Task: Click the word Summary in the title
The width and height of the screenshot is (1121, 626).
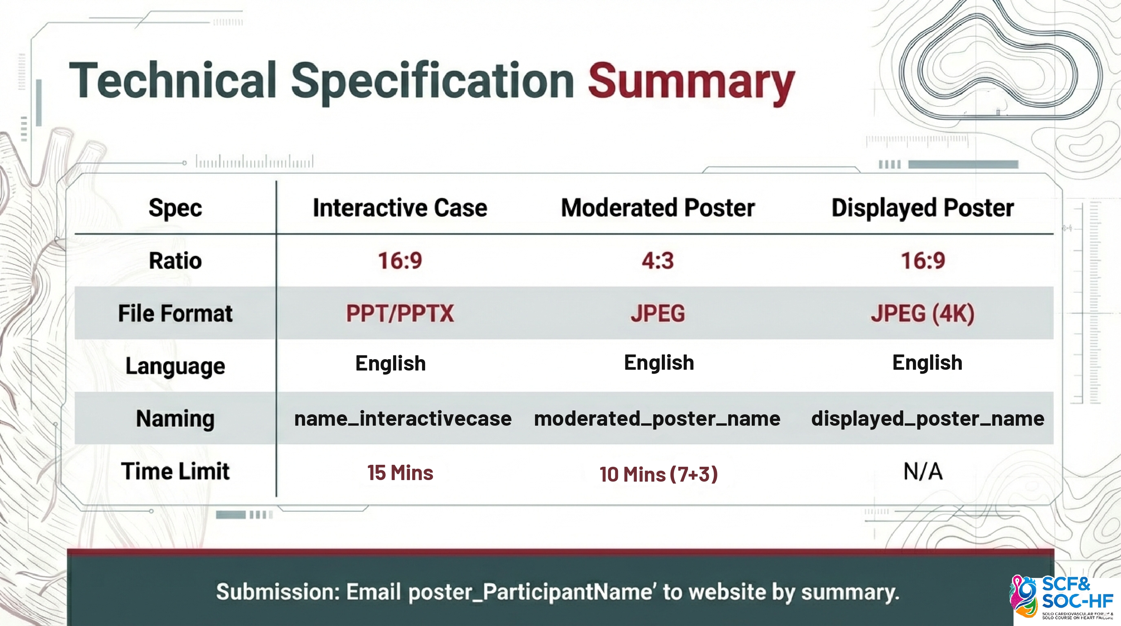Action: pos(691,83)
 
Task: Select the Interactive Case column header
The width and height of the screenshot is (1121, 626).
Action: pos(400,208)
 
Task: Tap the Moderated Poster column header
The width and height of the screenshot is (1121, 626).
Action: pos(658,208)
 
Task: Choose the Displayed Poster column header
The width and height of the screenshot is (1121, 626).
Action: pos(923,208)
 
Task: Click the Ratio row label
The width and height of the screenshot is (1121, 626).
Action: pos(175,261)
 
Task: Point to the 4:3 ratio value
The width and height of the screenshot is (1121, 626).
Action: pos(658,261)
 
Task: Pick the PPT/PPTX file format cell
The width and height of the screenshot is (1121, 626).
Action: pos(400,313)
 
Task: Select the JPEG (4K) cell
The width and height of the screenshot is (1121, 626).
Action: pos(923,313)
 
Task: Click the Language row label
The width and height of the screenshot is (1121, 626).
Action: pos(175,366)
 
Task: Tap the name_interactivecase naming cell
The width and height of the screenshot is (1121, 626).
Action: pos(403,419)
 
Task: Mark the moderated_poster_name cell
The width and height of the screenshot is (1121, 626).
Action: pos(657,419)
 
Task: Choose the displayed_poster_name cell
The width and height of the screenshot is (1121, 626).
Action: pos(927,419)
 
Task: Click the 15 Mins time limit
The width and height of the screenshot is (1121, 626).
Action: pos(400,473)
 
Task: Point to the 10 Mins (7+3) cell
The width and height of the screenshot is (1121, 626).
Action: pos(658,474)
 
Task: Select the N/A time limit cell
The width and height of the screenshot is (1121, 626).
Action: pos(923,471)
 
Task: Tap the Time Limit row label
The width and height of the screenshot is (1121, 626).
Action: pos(175,471)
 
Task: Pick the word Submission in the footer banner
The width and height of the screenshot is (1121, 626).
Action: pos(278,592)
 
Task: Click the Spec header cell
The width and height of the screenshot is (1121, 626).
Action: pos(175,208)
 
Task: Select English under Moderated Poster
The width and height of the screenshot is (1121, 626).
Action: pos(659,363)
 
